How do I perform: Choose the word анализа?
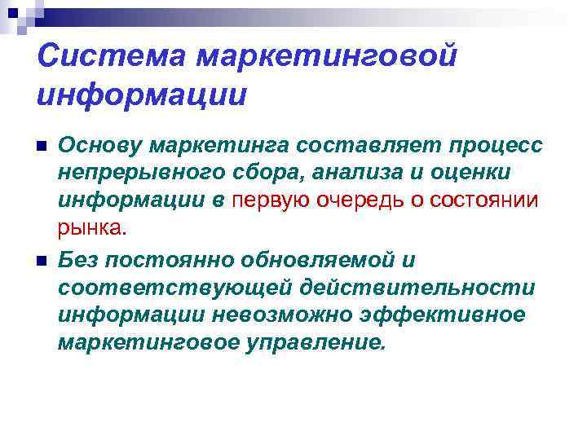(x=338, y=173)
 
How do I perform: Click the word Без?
(x=77, y=261)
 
